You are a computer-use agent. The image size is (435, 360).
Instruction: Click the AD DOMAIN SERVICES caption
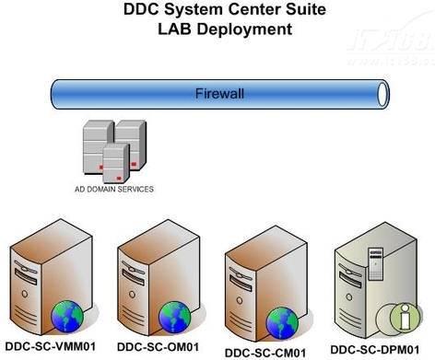(114, 189)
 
